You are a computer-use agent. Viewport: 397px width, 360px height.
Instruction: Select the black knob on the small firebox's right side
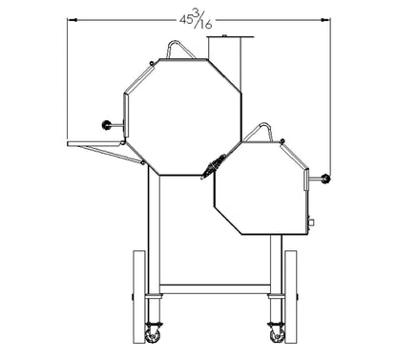[326, 179]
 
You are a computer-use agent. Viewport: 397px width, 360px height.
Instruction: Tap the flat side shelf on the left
[95, 144]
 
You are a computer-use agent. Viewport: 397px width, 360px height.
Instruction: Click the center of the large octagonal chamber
[182, 116]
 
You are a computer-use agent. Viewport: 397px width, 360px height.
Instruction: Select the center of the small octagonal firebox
[260, 186]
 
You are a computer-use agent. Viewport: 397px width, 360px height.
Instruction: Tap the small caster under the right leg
[277, 332]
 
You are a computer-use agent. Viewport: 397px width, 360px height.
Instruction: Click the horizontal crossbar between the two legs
[215, 287]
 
